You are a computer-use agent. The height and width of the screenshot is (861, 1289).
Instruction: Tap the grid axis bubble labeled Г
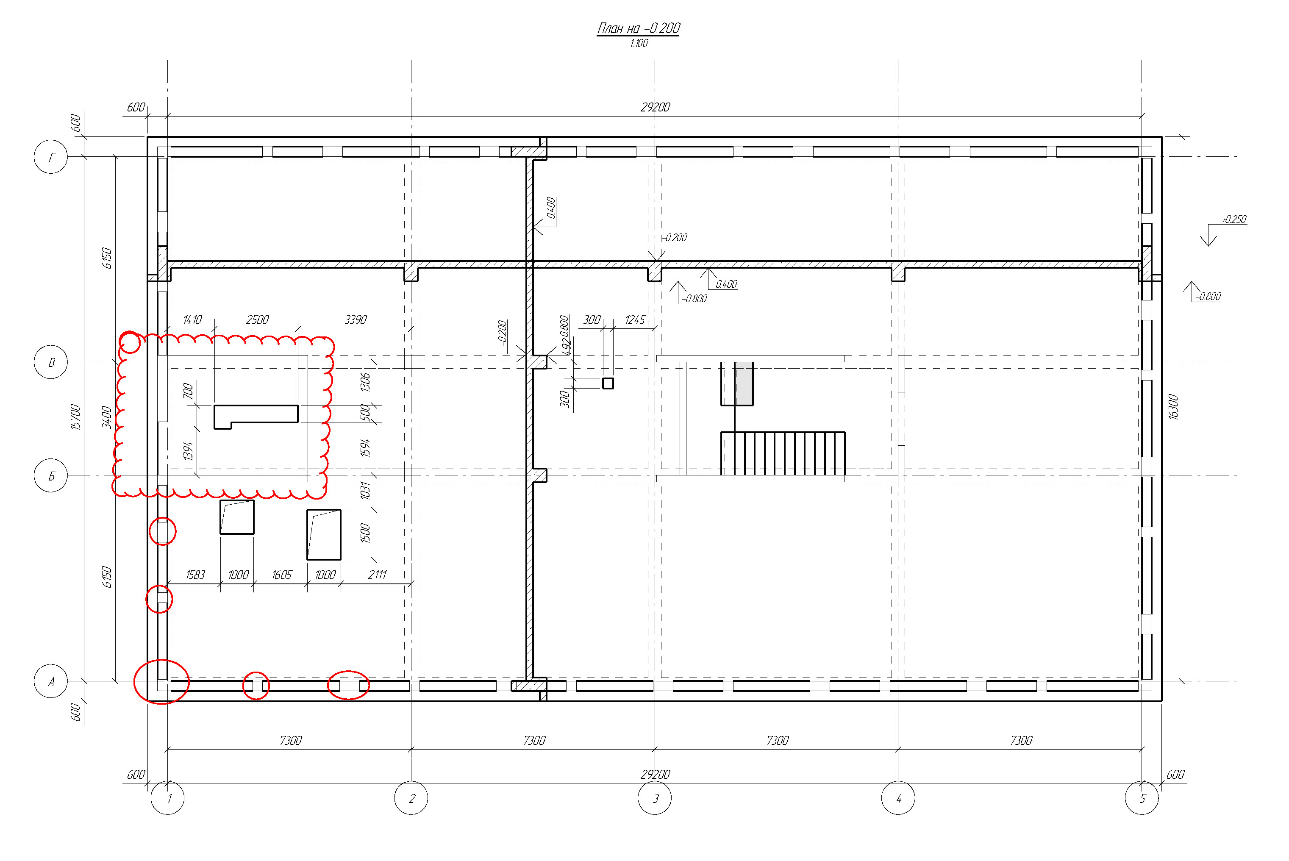[x=51, y=157]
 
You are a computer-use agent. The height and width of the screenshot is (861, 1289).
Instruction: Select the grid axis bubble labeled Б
[x=51, y=475]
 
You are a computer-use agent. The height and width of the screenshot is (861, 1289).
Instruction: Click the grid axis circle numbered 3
[x=655, y=798]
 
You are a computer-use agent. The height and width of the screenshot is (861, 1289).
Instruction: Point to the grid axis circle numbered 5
[x=1142, y=798]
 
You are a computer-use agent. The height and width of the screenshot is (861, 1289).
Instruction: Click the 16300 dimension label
[x=1173, y=407]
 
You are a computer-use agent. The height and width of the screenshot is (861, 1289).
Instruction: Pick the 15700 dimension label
[x=76, y=417]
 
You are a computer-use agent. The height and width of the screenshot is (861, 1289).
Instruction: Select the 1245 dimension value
[x=635, y=319]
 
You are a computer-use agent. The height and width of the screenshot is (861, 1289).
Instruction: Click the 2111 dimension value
[x=377, y=575]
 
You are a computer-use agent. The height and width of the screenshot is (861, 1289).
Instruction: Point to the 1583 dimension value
[x=195, y=575]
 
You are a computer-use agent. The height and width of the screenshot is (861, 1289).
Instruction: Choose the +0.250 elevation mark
[x=1233, y=219]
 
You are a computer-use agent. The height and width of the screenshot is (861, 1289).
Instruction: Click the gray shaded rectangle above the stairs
[x=744, y=383]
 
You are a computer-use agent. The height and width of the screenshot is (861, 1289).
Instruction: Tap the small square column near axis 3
[x=608, y=383]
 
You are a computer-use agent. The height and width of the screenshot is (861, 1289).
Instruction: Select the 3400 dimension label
[x=107, y=417]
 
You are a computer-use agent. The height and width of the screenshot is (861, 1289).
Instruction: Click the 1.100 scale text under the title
[x=639, y=43]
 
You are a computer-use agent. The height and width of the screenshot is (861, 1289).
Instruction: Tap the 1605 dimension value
[x=282, y=575]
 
